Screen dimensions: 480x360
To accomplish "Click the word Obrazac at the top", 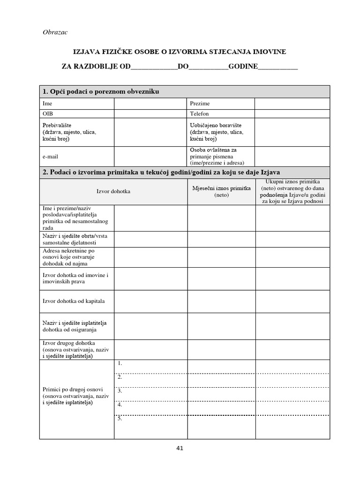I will coord(55,32).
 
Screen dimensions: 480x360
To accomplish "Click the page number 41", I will coord(180,448).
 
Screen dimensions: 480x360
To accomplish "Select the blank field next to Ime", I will coord(150,104).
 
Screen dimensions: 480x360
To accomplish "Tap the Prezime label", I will coord(200,104).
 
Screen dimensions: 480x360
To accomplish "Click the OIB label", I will coord(47,114).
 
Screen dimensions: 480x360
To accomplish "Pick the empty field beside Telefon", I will coord(292,114).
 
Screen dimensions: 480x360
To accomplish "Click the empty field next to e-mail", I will coord(150,156).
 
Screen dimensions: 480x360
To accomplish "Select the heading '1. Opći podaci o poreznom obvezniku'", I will coord(101,91).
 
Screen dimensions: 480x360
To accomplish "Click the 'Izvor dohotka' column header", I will coord(113,191).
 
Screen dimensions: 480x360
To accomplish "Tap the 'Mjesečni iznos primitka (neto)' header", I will coord(221,191).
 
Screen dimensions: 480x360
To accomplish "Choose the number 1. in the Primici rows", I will coord(120,363).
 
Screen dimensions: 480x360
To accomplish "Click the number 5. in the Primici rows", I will coord(120,419).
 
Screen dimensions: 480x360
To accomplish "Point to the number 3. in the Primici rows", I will coord(120,391).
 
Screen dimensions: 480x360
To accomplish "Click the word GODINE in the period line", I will coord(243,67).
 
